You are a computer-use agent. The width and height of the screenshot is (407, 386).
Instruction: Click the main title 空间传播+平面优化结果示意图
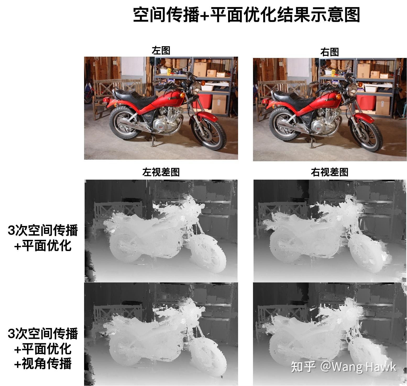tap(246, 15)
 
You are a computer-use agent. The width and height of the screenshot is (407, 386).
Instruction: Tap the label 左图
tap(161, 51)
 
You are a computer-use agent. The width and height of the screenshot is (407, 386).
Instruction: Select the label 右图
tap(329, 52)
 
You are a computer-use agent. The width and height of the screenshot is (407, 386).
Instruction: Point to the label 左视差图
tap(161, 172)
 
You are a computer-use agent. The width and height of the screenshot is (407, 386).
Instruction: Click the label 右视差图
tap(329, 172)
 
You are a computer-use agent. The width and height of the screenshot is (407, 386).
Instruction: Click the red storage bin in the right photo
tap(366, 103)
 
